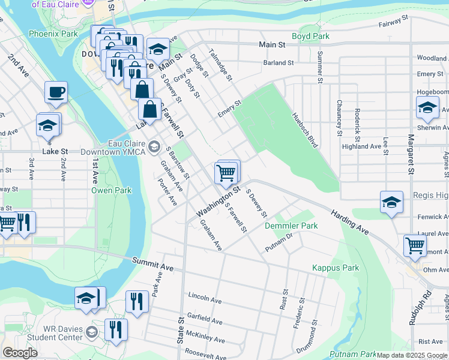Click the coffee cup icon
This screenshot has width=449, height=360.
(x=56, y=92)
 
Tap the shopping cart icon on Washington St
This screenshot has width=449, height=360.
(x=226, y=173)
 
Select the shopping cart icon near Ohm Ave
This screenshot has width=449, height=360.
(x=415, y=245)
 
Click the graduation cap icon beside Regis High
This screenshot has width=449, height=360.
(x=391, y=202)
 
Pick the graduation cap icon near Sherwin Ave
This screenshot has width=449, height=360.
(x=427, y=107)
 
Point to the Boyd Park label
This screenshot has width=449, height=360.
(x=310, y=37)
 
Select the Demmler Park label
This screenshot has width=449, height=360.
(x=291, y=226)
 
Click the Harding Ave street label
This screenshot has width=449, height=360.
(x=349, y=222)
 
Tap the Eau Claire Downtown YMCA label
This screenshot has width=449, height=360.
(x=118, y=148)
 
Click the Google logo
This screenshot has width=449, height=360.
(x=20, y=353)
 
